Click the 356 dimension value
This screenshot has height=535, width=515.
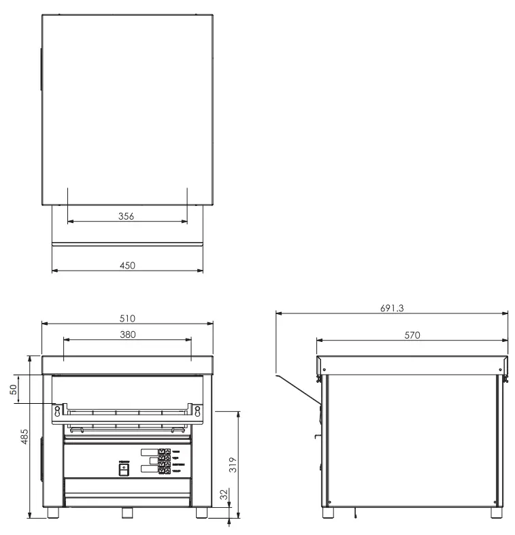point(127,216)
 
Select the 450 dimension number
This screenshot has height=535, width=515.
point(127,265)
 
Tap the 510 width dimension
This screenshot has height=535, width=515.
point(128,318)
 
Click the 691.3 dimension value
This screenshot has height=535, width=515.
point(392,308)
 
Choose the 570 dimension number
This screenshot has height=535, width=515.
point(412,334)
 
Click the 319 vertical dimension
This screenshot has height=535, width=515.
point(233,464)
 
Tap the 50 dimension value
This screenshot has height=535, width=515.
point(14,388)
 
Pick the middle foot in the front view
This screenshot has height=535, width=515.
point(128,513)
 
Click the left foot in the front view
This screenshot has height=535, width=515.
point(53,513)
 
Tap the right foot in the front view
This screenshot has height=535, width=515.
point(202,513)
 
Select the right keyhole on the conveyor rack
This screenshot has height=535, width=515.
point(197,410)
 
